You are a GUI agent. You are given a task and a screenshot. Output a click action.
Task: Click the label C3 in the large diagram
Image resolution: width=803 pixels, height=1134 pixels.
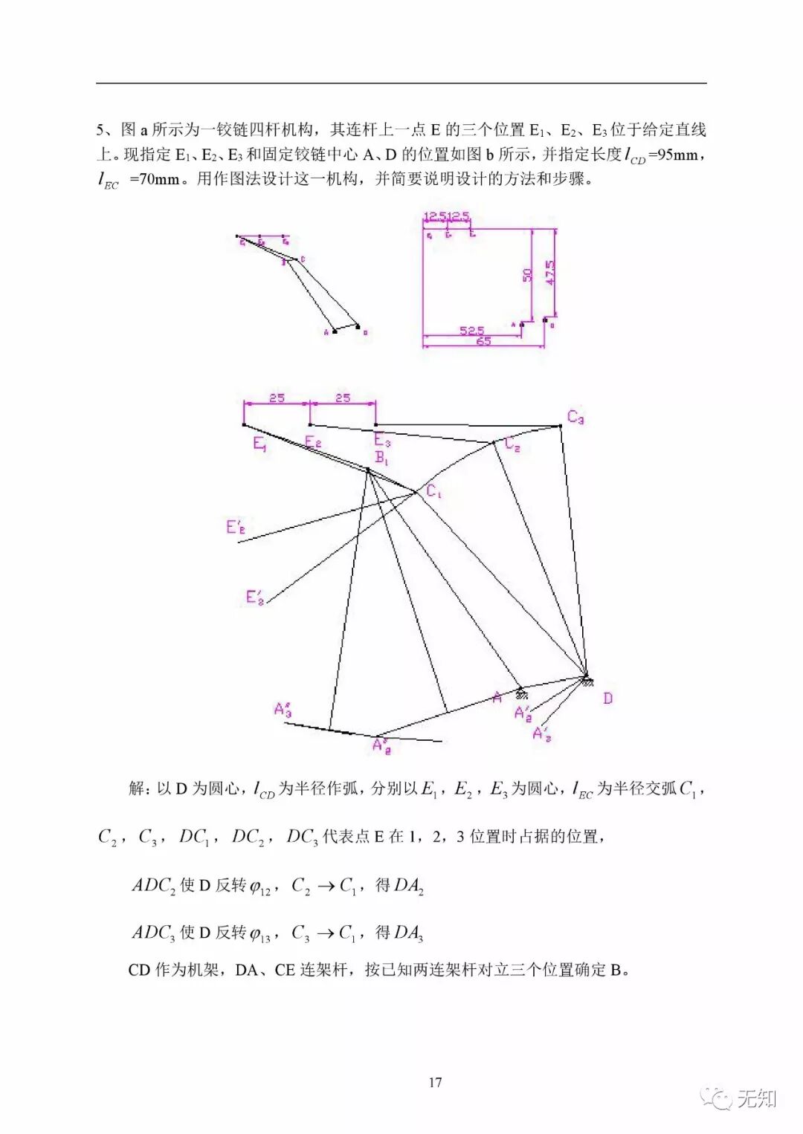point(575,417)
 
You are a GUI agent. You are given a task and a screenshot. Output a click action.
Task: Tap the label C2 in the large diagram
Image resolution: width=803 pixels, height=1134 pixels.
point(512,444)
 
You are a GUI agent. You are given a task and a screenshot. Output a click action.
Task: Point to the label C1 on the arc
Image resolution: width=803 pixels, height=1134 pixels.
point(433,491)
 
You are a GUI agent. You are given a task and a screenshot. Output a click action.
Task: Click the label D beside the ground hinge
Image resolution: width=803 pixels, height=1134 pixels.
point(607,698)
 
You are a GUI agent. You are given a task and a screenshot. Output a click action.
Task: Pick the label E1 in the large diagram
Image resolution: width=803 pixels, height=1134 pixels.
point(259,444)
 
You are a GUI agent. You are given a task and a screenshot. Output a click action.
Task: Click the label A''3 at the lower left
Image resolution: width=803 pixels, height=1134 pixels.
point(283,709)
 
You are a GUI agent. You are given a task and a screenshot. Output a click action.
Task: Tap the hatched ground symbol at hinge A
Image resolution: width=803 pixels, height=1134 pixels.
point(523,694)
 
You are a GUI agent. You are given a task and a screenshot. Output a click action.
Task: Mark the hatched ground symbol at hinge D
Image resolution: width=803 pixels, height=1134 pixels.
point(587,679)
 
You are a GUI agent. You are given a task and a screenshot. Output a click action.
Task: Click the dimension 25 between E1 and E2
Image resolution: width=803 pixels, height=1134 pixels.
point(277,398)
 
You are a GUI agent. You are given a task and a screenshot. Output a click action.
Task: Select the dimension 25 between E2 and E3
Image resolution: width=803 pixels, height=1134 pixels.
point(342,398)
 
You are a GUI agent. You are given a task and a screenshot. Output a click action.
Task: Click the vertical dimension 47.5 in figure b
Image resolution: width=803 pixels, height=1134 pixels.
point(550,272)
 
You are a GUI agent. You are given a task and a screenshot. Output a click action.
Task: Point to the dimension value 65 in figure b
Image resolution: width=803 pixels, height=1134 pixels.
point(483,341)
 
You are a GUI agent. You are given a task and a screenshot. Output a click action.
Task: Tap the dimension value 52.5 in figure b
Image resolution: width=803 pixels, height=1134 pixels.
point(471,330)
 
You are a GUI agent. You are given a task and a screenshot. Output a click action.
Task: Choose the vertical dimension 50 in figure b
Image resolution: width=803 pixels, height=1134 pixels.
point(526,275)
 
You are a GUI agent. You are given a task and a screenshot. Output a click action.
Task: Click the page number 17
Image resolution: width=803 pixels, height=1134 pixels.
point(435,1082)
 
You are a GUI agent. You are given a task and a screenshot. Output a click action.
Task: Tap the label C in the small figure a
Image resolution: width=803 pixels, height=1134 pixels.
point(303,259)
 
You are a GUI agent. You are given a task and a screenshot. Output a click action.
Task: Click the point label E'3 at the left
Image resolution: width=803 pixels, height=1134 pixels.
point(254,597)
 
